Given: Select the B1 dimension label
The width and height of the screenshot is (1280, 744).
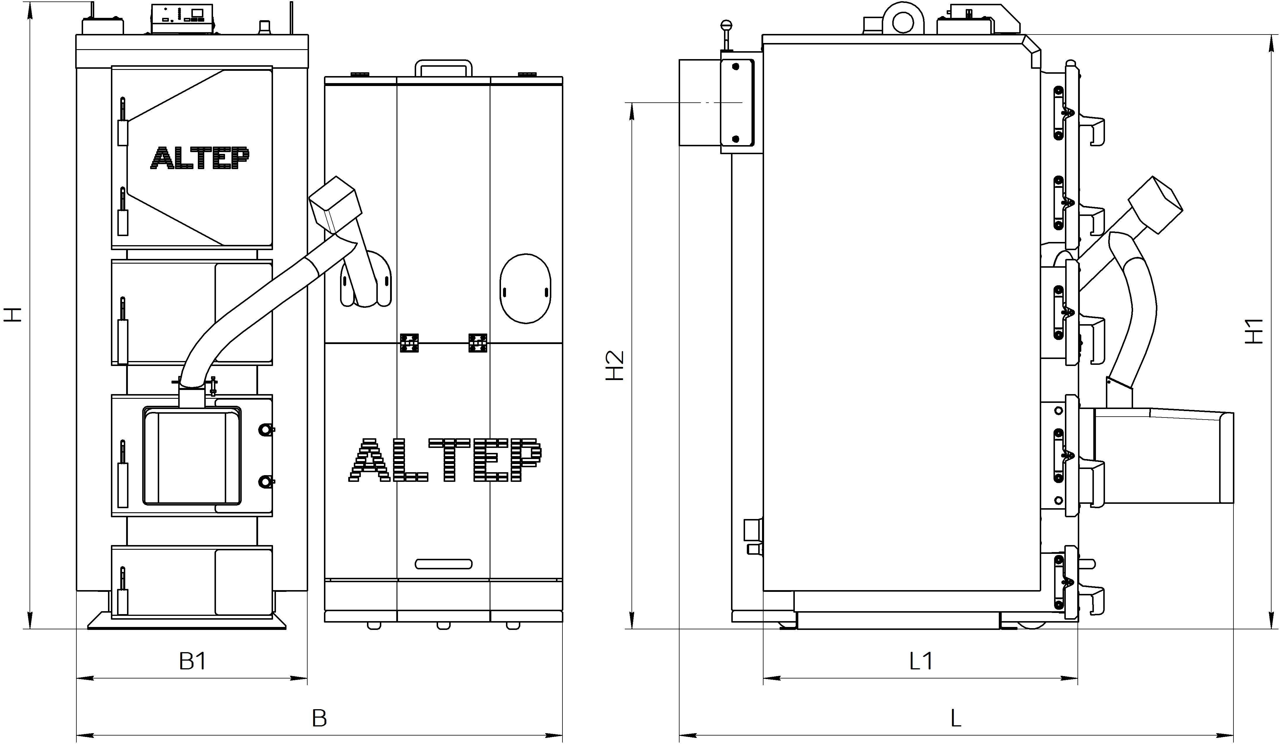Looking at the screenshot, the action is coord(193,661).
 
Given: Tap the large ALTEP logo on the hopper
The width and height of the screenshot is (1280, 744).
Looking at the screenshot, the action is coord(445,460).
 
